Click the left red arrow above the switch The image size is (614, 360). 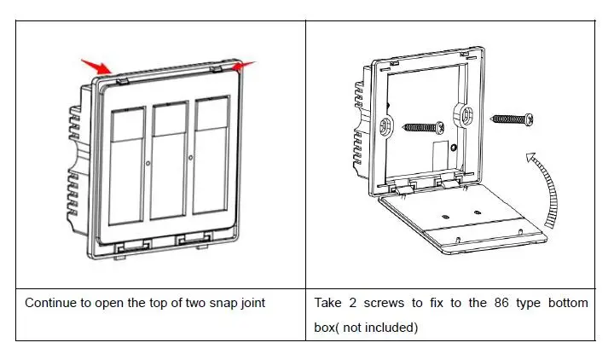point(97,65)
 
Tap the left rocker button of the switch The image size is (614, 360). point(126,161)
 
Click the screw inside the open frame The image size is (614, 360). point(423,127)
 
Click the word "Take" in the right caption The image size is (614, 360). point(330,303)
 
